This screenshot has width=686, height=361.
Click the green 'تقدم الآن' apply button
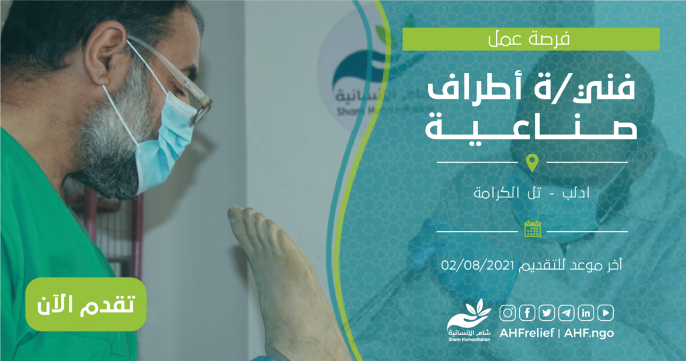coord(86,304)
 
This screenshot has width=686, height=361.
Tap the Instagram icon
coord(508,313)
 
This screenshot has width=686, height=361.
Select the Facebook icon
coord(527,313)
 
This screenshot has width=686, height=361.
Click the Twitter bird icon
coord(547,313)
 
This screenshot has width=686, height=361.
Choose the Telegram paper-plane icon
coord(566,313)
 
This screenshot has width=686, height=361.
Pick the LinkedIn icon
coord(586,313)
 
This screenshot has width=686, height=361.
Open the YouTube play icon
coord(606,313)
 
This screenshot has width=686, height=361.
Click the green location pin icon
coord(532,162)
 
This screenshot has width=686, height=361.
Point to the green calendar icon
coord(533,229)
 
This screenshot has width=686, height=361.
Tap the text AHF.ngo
coord(588,333)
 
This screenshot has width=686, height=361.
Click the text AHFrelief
coord(527,333)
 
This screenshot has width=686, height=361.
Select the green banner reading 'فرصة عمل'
coord(531,39)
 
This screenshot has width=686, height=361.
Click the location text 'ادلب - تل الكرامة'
coord(531,193)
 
